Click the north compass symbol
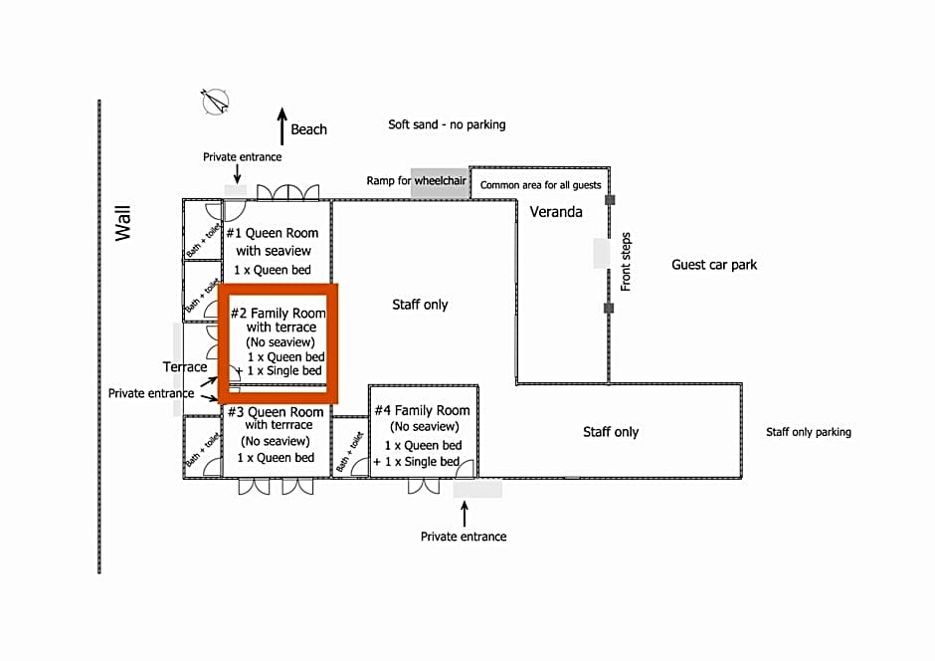(215, 101)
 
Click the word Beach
(308, 129)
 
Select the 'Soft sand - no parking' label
(447, 124)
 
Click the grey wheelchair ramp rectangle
(439, 183)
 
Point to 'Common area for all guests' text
(541, 185)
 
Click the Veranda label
(556, 212)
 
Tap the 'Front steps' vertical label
(626, 262)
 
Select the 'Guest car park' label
(714, 265)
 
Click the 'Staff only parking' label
(809, 432)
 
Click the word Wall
(123, 223)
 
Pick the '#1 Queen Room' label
(274, 233)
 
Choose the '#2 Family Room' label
(279, 313)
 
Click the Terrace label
(185, 367)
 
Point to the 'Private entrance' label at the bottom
(464, 537)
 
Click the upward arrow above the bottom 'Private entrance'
(464, 513)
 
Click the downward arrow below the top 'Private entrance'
(237, 173)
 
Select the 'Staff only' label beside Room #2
(420, 305)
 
